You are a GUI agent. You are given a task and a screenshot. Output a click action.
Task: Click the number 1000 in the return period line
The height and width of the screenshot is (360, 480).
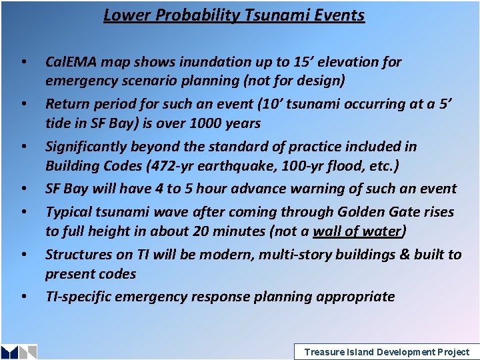click(202, 123)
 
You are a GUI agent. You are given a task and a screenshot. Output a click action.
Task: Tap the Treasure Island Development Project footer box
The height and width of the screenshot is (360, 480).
click(386, 351)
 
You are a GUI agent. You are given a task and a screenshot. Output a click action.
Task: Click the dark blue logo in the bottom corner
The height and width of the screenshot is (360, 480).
click(19, 352)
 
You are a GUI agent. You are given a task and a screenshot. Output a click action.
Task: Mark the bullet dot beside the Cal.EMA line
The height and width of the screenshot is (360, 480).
click(23, 63)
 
